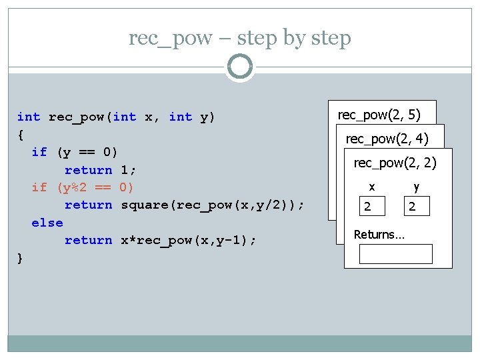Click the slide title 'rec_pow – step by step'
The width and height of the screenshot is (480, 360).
pos(240,38)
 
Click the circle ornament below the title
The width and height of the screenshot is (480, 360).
pos(240,67)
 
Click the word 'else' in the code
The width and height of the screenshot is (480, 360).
pos(47,223)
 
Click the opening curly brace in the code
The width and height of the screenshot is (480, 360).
pos(21,135)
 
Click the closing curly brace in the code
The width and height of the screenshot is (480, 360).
pos(21,258)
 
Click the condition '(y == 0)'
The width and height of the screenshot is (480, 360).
pos(88,152)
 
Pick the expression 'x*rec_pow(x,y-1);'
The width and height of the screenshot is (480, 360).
pos(186,240)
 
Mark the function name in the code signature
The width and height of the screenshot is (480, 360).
pos(77,117)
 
